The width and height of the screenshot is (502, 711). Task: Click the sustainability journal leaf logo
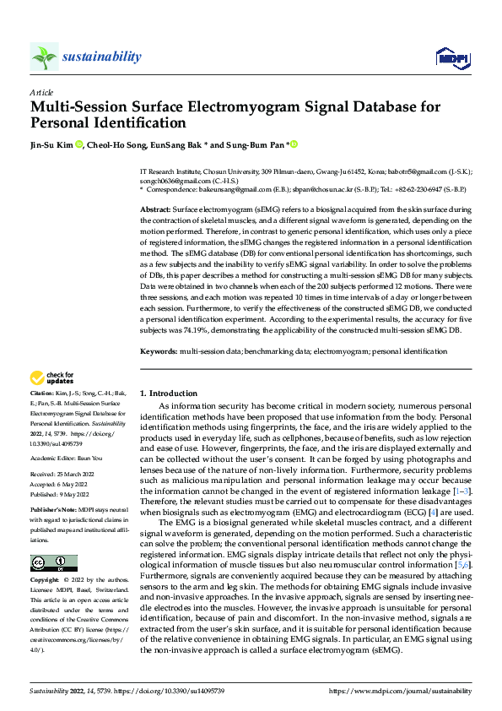[44, 57]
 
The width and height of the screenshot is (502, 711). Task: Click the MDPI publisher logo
[449, 57]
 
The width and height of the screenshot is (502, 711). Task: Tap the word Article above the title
[41, 92]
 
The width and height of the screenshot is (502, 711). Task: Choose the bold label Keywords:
[159, 349]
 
